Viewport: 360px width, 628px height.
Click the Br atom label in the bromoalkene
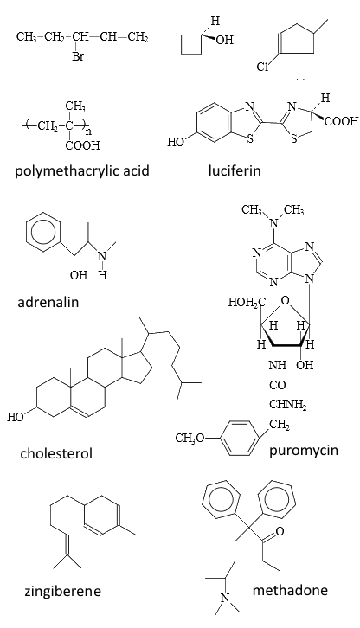pos(78,57)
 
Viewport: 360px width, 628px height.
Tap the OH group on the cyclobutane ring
pos(225,40)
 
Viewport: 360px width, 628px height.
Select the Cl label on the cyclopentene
pos(262,67)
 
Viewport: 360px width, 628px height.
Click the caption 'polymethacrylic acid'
pos(82,170)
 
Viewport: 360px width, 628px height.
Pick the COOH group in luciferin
pos(342,121)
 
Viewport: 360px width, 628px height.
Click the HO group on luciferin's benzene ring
pos(176,142)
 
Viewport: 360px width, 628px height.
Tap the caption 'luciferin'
pos(235,170)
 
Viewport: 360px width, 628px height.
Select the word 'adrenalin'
pos(48,302)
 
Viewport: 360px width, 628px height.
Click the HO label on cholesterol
pos(16,417)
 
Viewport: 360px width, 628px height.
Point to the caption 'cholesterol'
pos(56,453)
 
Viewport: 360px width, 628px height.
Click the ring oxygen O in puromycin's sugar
pos(285,300)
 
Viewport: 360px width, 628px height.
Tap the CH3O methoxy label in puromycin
pos(190,439)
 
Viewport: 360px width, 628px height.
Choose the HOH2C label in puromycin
pos(247,303)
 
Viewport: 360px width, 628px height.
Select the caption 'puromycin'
pos(304,450)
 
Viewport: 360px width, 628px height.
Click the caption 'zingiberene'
pos(63,591)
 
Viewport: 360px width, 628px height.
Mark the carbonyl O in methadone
pos(280,531)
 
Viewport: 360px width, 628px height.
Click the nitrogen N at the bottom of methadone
pos(225,599)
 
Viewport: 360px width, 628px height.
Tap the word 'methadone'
pos(290,590)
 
